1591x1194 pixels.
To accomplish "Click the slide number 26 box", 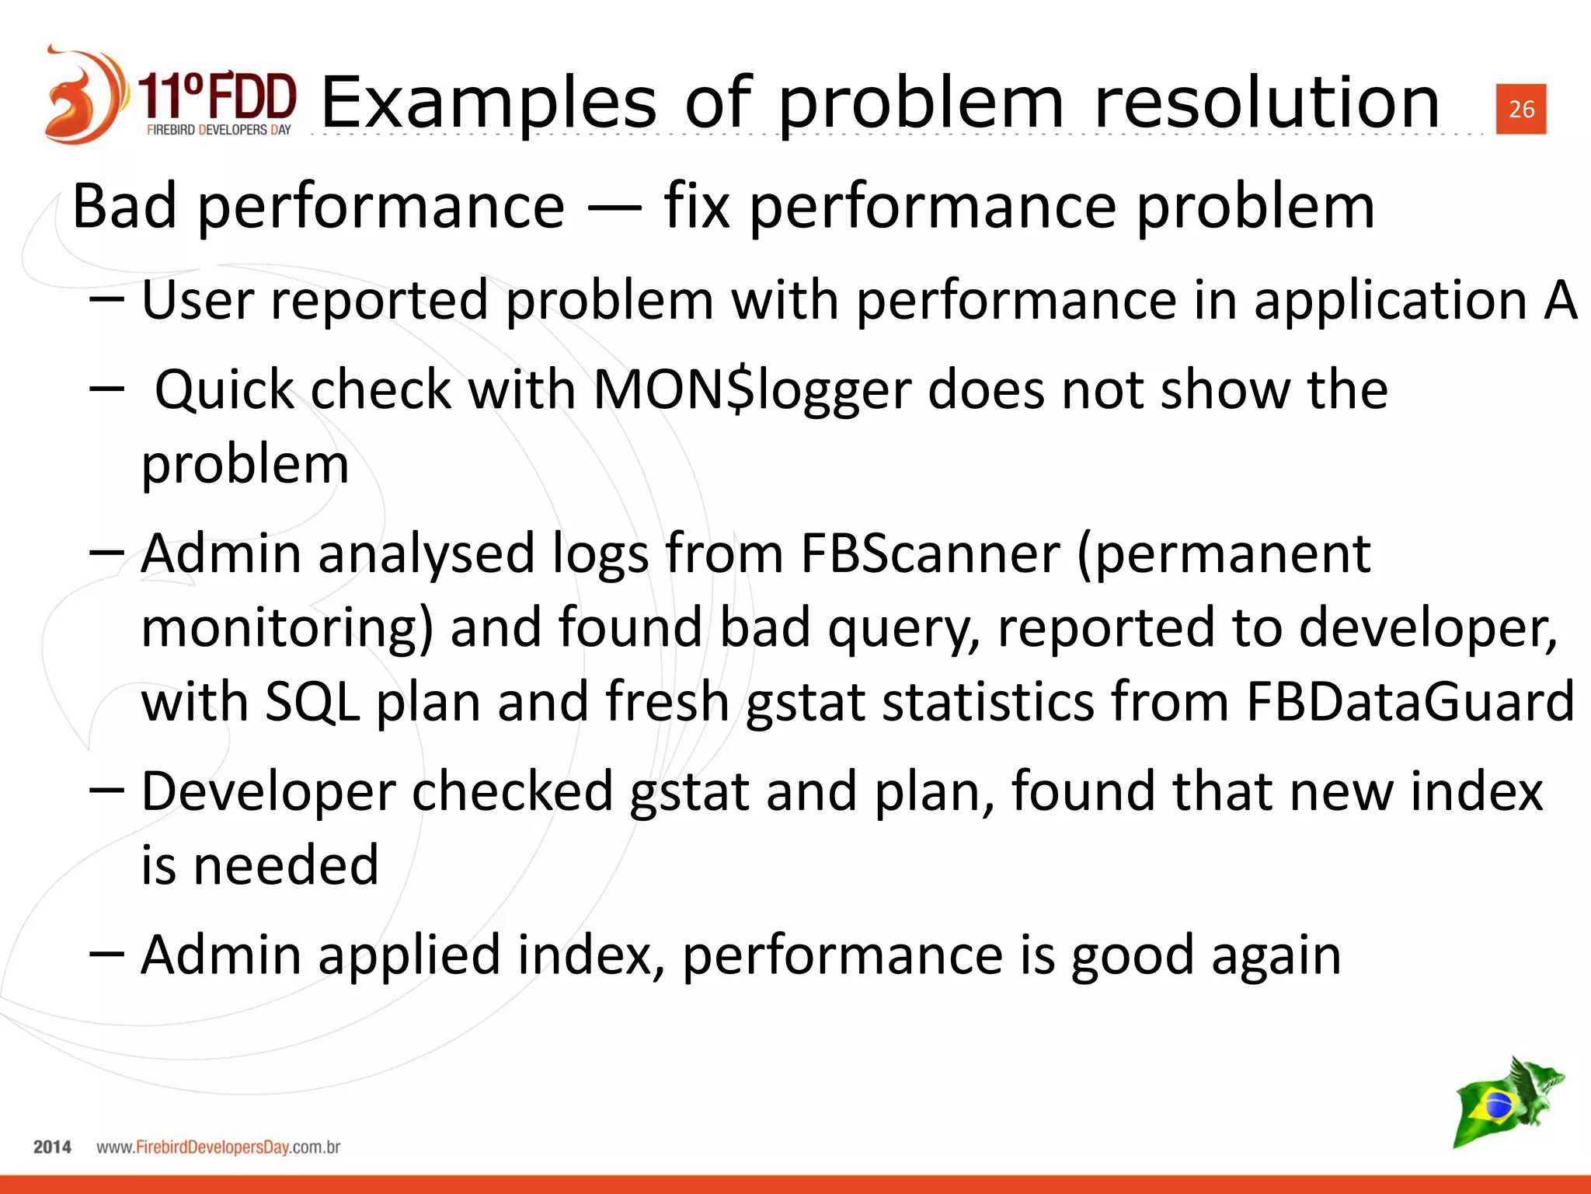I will coord(1520,109).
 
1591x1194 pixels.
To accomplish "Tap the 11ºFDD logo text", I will coord(218,97).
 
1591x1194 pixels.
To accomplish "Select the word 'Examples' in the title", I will coord(489,103).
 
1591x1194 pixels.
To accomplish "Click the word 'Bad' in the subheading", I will coord(124,206).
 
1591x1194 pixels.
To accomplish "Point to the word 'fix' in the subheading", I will coord(697,206).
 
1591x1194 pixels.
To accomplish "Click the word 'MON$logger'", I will coord(752,389).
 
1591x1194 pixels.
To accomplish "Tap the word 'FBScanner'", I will coord(930,554).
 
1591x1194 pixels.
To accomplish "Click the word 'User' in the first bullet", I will coord(197,300).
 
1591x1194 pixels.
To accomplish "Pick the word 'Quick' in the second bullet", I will coord(225,389).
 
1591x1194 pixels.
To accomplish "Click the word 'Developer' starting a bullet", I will coord(268,791).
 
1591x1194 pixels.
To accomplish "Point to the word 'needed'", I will coord(285,865).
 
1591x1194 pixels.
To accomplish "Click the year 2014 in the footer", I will coord(52,1147).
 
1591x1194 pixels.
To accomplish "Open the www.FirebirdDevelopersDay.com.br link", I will coord(218,1147).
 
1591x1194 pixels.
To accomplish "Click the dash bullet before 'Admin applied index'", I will coord(106,954).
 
